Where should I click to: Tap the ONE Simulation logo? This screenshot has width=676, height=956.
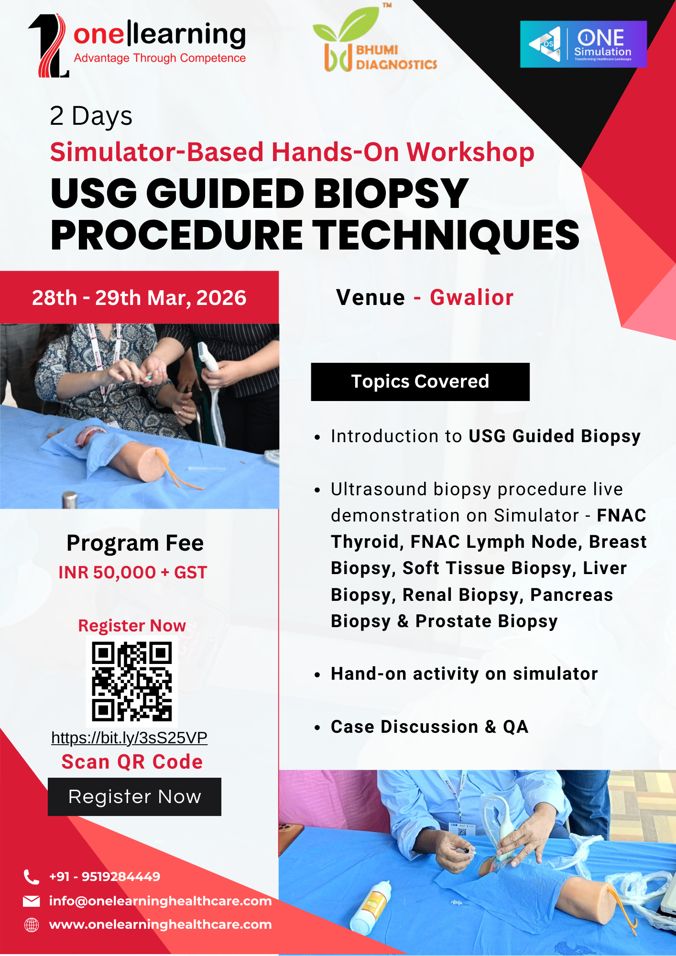(583, 44)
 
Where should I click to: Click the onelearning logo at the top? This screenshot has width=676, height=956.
(137, 45)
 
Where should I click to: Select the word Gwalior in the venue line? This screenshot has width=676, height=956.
(471, 297)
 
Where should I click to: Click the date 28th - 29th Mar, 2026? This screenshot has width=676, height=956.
(139, 298)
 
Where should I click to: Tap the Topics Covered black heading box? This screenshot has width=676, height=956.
(420, 381)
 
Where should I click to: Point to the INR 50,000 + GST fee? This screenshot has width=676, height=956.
(132, 572)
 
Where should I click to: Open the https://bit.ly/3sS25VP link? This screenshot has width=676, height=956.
(129, 738)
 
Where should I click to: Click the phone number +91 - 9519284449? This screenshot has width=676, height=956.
(105, 877)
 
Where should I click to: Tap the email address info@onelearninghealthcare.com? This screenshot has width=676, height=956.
(160, 901)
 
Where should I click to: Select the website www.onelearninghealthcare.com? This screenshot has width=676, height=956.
(160, 924)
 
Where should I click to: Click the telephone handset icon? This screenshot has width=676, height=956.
(32, 877)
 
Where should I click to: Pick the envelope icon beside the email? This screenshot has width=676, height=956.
(32, 901)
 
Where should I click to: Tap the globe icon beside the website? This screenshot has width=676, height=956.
(32, 925)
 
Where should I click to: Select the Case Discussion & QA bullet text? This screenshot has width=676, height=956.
(429, 727)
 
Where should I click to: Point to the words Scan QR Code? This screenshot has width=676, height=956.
(132, 761)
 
